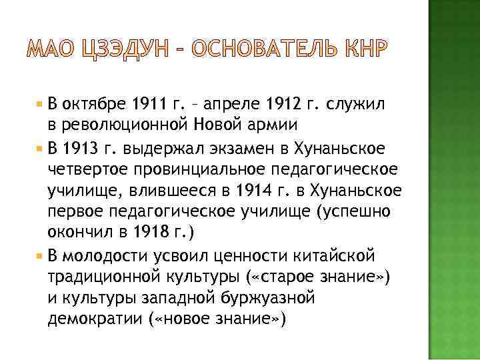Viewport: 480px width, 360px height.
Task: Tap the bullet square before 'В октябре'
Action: pyautogui.click(x=41, y=105)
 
